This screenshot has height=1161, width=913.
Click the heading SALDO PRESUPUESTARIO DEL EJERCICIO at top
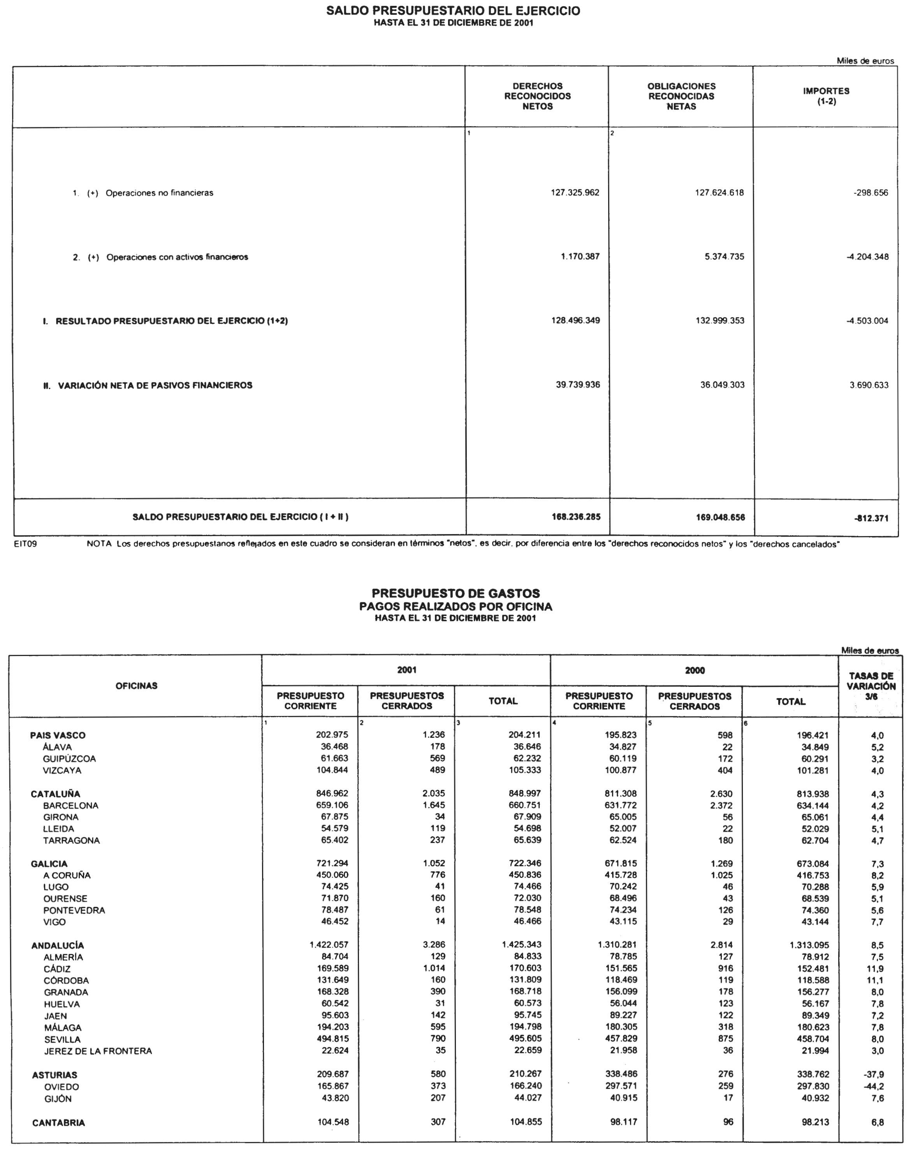pyautogui.click(x=453, y=11)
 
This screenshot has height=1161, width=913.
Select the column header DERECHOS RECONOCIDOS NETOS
pyautogui.click(x=537, y=96)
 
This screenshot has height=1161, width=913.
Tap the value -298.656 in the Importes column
pyautogui.click(x=871, y=193)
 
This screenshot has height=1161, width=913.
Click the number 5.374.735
pyautogui.click(x=724, y=257)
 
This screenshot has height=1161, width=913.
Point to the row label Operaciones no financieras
pyautogui.click(x=159, y=193)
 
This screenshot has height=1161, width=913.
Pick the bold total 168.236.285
pyautogui.click(x=576, y=517)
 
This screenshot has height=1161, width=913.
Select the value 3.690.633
pyautogui.click(x=869, y=385)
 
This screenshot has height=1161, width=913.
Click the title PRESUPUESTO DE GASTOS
pyautogui.click(x=456, y=593)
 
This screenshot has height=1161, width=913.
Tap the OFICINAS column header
pyautogui.click(x=136, y=686)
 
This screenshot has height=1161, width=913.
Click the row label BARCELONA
pyautogui.click(x=70, y=806)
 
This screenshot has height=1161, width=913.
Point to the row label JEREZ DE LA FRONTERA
pyautogui.click(x=98, y=1051)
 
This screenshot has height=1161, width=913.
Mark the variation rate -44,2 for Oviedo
pyautogui.click(x=873, y=1086)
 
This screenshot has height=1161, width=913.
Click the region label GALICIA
pyautogui.click(x=49, y=864)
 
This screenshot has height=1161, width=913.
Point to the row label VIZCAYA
pyautogui.click(x=62, y=770)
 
